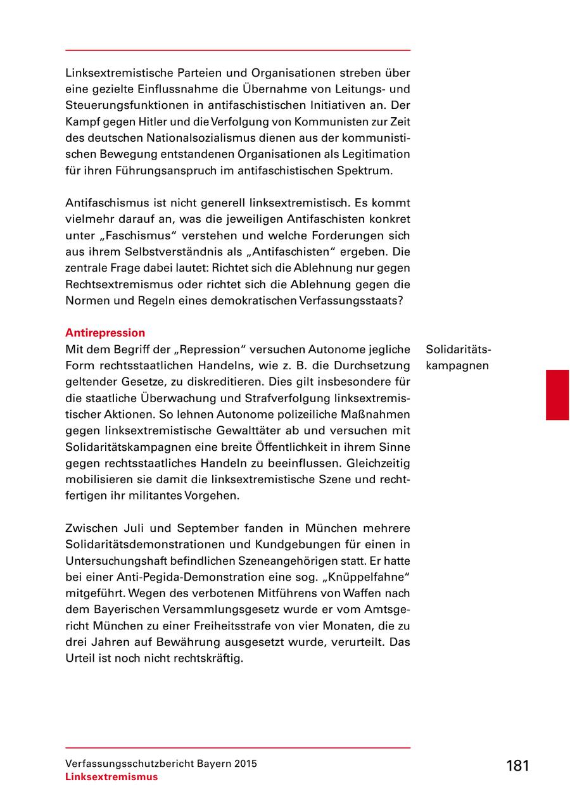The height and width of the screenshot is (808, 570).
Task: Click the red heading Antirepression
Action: tap(105, 333)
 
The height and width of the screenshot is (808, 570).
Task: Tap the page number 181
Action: tap(517, 766)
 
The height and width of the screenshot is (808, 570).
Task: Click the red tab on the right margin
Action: tap(557, 395)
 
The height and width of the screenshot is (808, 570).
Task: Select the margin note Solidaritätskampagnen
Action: tap(459, 358)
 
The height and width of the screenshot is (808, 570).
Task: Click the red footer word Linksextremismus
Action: tap(111, 778)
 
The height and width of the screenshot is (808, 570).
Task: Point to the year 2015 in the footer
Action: tap(246, 764)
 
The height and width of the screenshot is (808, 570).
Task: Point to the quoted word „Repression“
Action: tap(212, 350)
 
